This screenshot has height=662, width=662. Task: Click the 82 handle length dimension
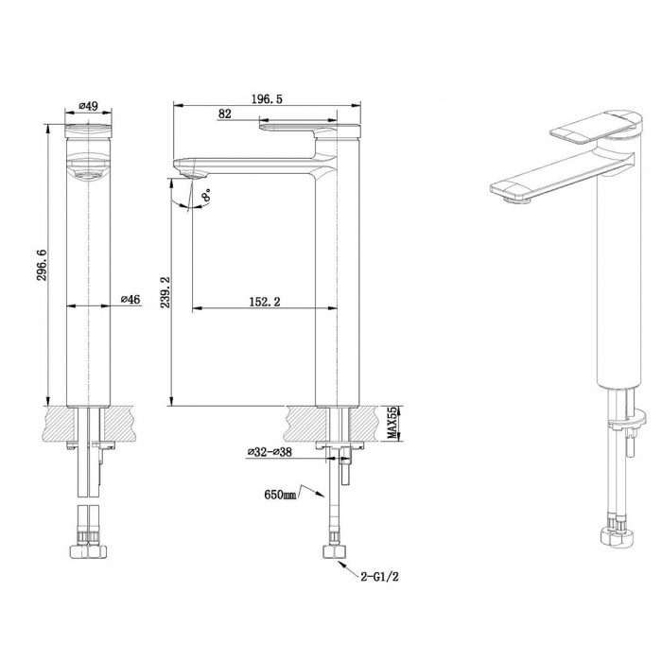226,113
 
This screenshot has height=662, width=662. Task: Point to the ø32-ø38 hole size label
270,453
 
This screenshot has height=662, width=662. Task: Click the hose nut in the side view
332,553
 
